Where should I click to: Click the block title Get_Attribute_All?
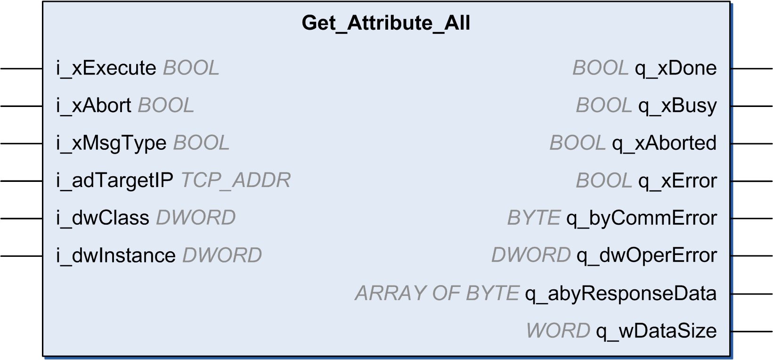386,24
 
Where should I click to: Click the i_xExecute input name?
106,68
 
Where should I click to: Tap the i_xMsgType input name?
111,143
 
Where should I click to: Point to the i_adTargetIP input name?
114,180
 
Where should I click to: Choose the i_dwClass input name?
103,218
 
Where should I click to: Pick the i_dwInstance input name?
115,256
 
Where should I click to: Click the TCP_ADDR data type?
236,180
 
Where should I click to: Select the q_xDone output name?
675,68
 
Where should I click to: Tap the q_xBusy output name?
677,106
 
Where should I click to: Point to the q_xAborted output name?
664,143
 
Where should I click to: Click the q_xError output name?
677,181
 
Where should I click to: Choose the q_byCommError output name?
642,219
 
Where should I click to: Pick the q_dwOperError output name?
647,256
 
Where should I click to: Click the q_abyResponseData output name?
621,294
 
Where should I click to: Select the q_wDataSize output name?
656,331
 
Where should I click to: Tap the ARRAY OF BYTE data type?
437,294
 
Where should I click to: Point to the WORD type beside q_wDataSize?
558,331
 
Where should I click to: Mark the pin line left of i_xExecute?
21,69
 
